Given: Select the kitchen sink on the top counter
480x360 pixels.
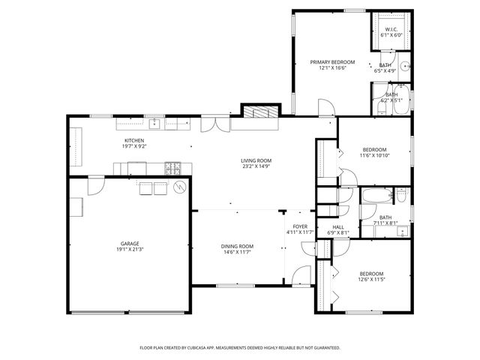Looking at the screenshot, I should click(154, 122).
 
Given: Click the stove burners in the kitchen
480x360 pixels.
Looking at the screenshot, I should click(172, 167).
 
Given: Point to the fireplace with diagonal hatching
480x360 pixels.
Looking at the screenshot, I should click(259, 111).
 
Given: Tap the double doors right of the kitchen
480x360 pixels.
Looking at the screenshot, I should click(215, 124).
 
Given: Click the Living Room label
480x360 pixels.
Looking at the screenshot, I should click(256, 160).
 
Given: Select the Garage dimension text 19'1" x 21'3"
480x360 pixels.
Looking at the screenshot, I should click(130, 250).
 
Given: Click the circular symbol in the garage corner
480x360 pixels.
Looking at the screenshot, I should click(180, 187).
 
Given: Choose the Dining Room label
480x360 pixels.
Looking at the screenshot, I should click(236, 247).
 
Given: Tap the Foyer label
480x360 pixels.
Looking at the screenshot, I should click(299, 226).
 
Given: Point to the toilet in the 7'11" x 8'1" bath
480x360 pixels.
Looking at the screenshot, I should click(400, 197).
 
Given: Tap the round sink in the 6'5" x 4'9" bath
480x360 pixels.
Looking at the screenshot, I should click(405, 66).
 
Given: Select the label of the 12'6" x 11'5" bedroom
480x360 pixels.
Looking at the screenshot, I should click(370, 274).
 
